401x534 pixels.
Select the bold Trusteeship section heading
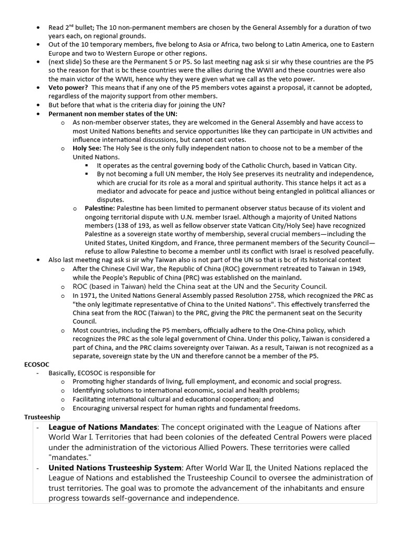pyautogui.click(x=42, y=417)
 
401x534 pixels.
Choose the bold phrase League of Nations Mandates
pyautogui.click(x=103, y=427)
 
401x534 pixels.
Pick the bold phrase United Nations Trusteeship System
pyautogui.click(x=115, y=468)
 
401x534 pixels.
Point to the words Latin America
pyautogui.click(x=274, y=44)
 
